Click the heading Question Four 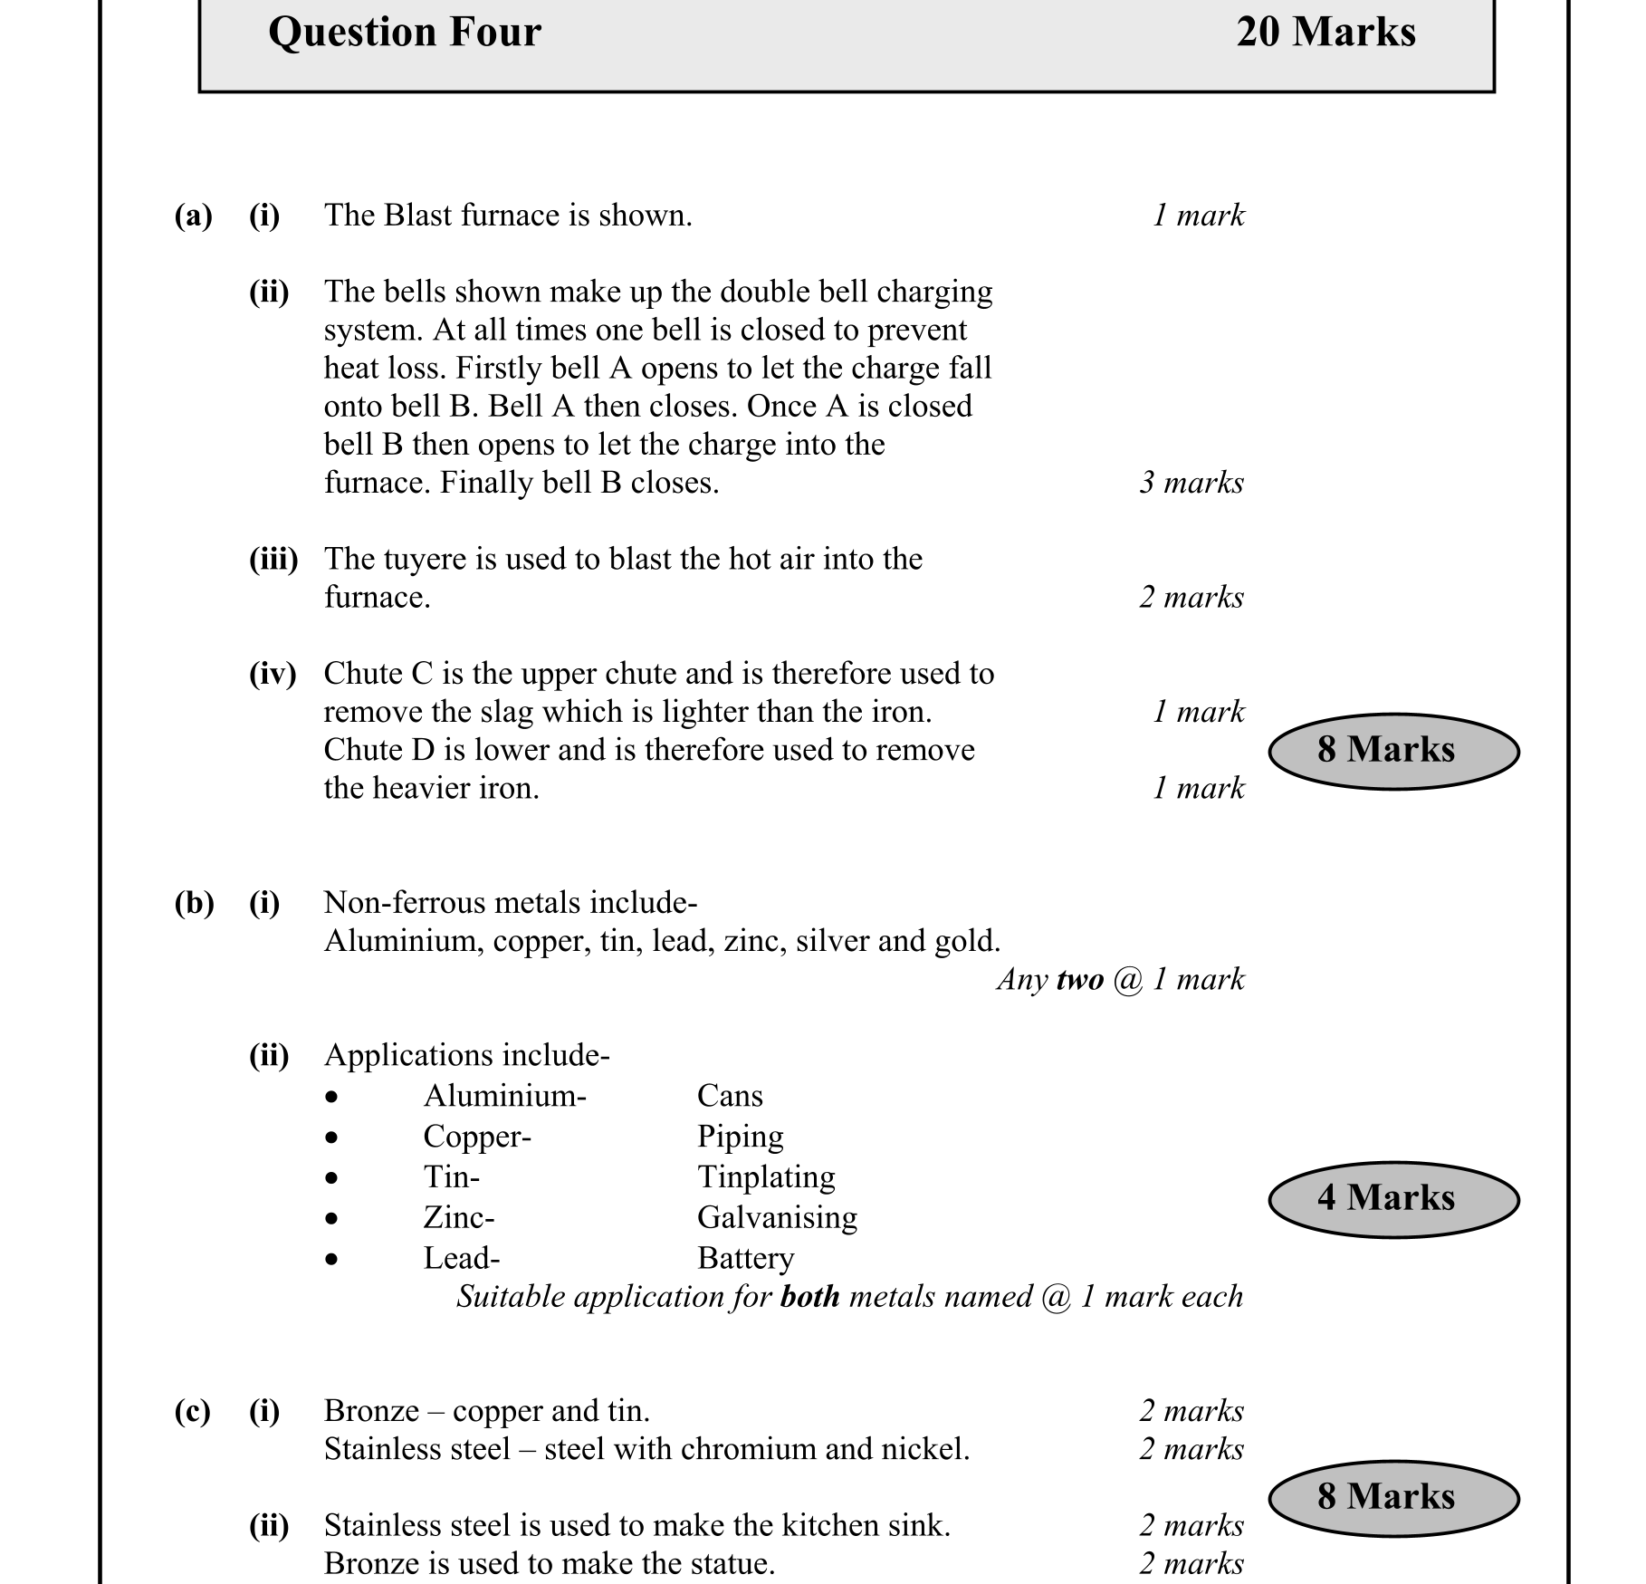405,33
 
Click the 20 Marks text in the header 1325,33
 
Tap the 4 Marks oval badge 1392,1199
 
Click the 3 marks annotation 1191,483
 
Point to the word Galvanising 777,1218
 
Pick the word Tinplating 766,1177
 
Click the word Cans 730,1097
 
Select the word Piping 740,1138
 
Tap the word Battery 745,1259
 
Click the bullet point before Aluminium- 332,1098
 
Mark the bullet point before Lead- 332,1260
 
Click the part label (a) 193,216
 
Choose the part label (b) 194,904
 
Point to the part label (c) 192,1412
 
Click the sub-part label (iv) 273,675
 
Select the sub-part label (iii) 273,560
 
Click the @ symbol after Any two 1128,980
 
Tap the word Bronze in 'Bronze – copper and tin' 371,1412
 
